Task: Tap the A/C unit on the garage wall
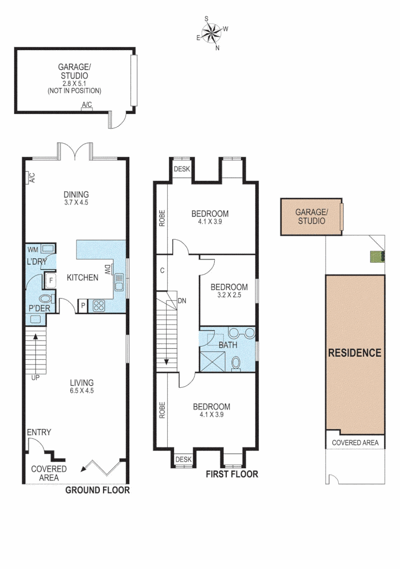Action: click(87, 105)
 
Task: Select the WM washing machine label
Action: click(33, 249)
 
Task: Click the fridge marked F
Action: click(51, 280)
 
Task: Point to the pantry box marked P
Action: click(83, 306)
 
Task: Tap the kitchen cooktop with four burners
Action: click(99, 305)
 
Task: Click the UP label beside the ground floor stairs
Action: click(35, 377)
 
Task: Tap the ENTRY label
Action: click(39, 433)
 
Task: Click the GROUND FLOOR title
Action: click(97, 490)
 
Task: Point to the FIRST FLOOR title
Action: click(232, 474)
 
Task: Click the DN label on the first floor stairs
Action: click(183, 301)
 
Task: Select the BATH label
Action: click(228, 345)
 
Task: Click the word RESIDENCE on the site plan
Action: click(355, 353)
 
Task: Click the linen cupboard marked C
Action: click(163, 271)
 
